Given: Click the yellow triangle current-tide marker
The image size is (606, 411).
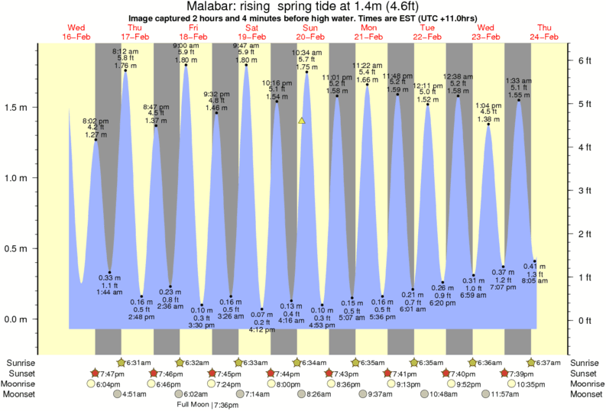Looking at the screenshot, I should [x=302, y=120].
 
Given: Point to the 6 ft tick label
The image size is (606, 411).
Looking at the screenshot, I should [x=585, y=60].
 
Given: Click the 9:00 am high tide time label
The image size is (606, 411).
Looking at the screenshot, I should [x=186, y=45].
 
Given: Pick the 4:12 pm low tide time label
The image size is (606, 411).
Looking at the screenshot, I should [x=262, y=330].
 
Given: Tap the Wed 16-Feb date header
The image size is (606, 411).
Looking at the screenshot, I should [x=76, y=31].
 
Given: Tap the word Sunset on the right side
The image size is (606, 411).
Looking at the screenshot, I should [x=585, y=373].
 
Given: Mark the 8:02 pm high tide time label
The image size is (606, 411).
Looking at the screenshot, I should [x=96, y=120].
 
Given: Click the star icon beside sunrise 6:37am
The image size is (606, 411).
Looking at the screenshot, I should [x=532, y=362].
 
